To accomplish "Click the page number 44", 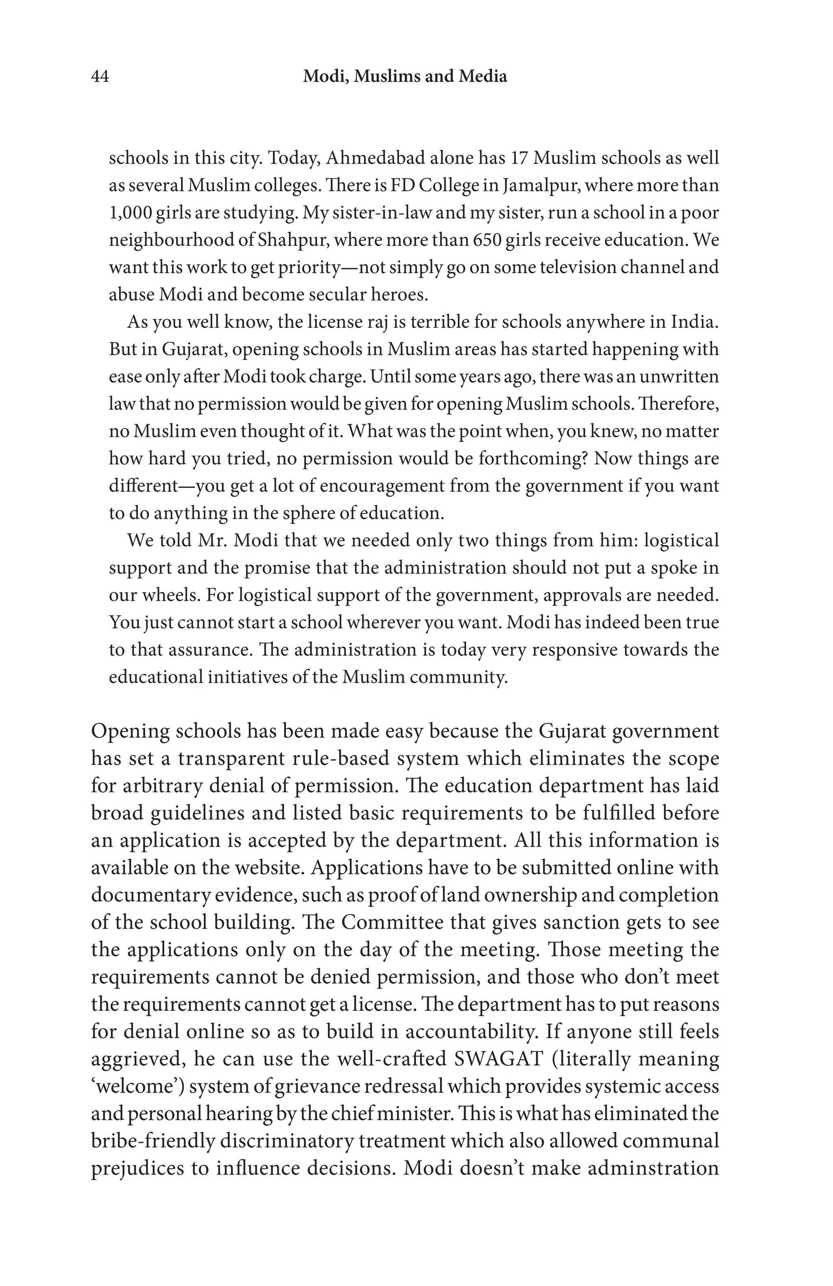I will pos(100,77).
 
